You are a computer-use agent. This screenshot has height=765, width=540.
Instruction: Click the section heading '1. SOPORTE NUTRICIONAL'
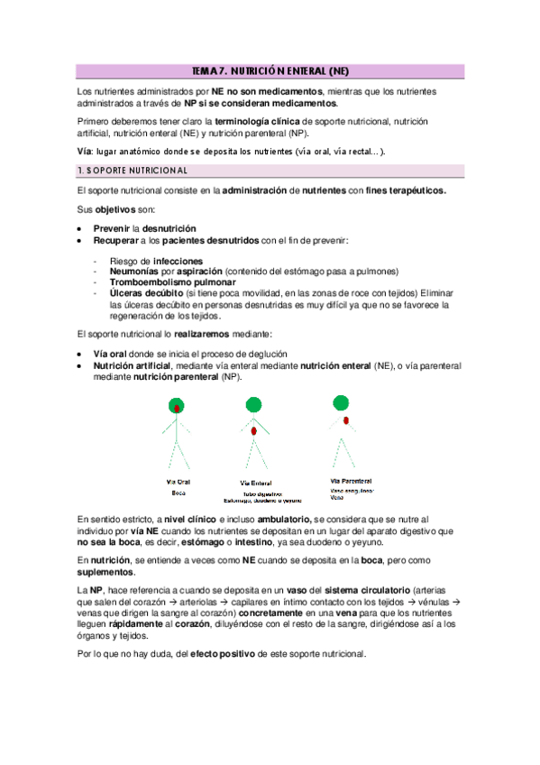coord(133,171)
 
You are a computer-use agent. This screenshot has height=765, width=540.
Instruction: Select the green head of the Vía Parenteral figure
coord(340,401)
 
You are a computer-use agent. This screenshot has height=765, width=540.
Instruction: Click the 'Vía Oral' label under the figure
coord(178,482)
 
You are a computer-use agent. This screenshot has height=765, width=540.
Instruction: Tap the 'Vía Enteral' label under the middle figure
coord(257,483)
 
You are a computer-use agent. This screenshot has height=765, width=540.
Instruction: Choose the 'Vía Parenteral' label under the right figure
coord(352,481)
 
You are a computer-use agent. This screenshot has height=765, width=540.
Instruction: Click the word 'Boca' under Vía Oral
coord(178,493)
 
